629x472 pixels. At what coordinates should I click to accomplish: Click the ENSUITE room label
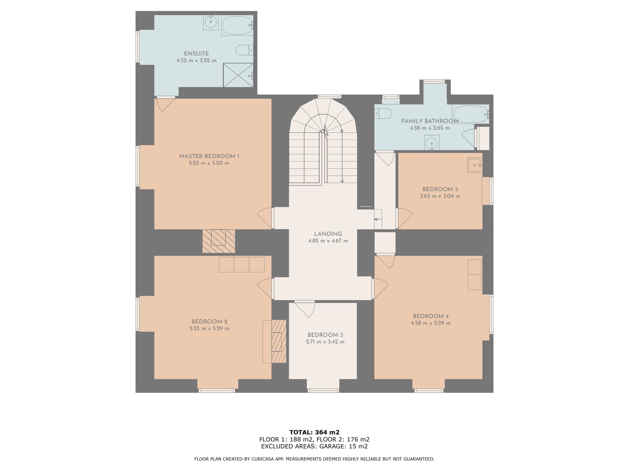[x=196, y=54]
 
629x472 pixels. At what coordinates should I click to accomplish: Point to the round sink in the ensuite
[x=211, y=22]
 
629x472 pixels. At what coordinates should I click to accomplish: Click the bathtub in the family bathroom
[x=471, y=114]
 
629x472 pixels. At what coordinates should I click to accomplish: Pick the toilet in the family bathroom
[x=383, y=114]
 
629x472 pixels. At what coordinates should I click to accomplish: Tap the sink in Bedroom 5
[x=475, y=165]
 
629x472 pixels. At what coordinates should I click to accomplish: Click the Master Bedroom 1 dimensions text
[x=209, y=163]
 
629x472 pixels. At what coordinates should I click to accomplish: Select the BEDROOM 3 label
[x=325, y=335]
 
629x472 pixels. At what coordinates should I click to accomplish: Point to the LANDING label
[x=328, y=234]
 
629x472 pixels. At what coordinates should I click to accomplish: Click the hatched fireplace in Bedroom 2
[x=279, y=341]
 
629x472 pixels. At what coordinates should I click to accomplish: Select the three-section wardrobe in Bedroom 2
[x=242, y=265]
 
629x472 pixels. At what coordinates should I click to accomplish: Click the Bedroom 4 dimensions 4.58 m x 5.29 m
[x=431, y=323]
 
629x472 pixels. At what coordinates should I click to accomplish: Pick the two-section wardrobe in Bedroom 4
[x=475, y=275]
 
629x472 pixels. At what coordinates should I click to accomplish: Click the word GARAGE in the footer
[x=332, y=446]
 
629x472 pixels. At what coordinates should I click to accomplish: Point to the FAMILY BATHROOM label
[x=430, y=121]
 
